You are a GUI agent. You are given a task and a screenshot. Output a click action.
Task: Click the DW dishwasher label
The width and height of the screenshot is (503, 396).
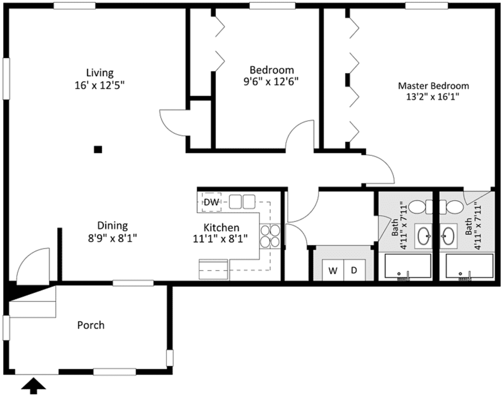(211, 202)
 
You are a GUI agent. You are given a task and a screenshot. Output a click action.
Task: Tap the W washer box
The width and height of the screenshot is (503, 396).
(333, 270)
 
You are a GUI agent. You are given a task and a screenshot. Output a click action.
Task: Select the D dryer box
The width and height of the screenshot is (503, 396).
(354, 270)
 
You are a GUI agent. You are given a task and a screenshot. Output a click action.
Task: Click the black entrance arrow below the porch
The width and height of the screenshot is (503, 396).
(34, 386)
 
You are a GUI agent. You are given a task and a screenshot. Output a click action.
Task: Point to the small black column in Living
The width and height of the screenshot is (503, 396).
(98, 150)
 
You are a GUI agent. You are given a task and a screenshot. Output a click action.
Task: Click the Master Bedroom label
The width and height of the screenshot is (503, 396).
(433, 86)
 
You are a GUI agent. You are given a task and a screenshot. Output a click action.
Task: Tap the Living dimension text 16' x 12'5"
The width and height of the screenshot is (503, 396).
(100, 85)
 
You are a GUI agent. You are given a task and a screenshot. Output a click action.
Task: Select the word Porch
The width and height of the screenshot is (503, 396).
(91, 325)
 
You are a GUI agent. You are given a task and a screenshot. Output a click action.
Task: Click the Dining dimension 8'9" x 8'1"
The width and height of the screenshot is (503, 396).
(112, 239)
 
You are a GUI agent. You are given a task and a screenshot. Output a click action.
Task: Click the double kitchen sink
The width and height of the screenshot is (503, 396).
(242, 202)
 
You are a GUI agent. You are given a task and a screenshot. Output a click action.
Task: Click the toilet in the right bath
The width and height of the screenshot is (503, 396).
(452, 207)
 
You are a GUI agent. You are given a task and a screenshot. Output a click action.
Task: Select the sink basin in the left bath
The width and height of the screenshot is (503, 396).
(423, 236)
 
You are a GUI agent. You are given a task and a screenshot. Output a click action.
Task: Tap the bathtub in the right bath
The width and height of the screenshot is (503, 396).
(469, 266)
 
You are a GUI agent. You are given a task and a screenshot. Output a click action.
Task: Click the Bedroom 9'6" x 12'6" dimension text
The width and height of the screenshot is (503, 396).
(271, 82)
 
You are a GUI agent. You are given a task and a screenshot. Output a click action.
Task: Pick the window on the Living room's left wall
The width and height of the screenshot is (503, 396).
(6, 79)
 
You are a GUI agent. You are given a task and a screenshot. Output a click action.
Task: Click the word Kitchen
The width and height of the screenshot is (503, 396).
(221, 228)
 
